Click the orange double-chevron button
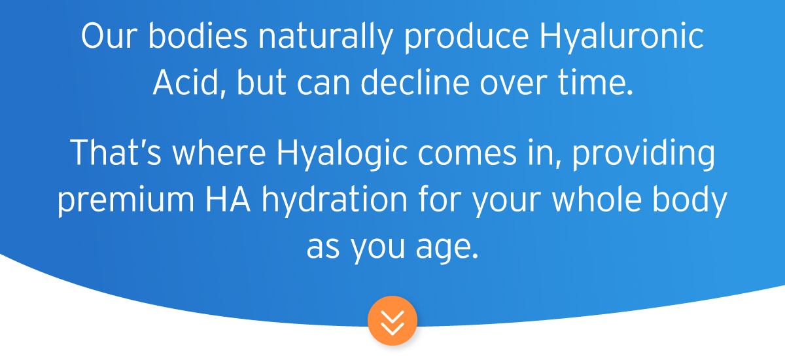pyautogui.click(x=392, y=321)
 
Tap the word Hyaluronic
pyautogui.click(x=621, y=37)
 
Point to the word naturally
pyautogui.click(x=325, y=37)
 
